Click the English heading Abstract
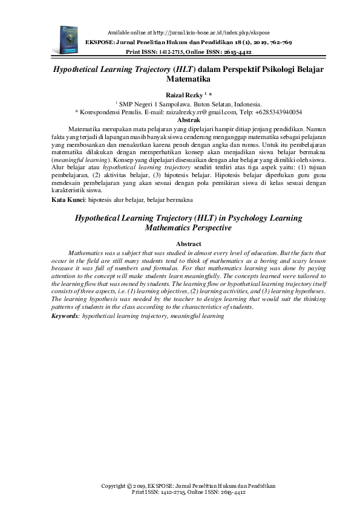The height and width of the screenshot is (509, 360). (x=180, y=243)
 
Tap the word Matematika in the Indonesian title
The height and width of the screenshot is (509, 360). (x=180, y=79)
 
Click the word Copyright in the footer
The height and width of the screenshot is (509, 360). (x=114, y=485)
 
